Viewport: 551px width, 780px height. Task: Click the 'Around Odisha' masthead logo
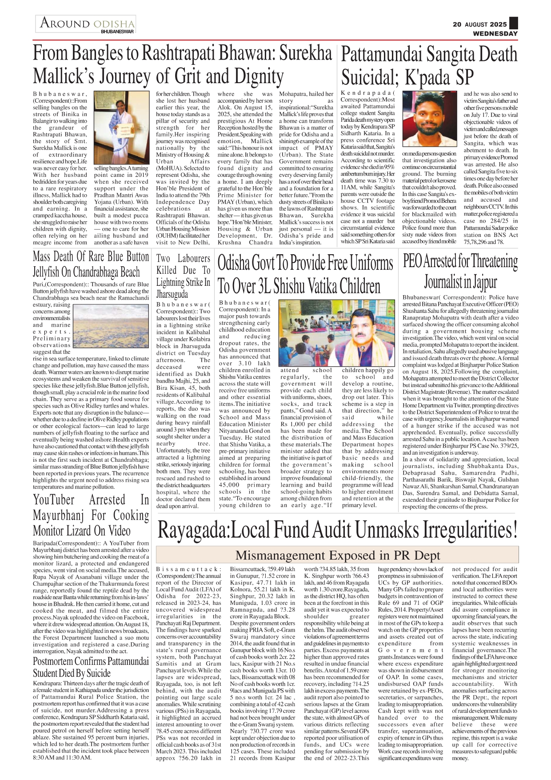tap(87, 23)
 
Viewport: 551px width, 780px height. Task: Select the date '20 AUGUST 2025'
tap(479, 24)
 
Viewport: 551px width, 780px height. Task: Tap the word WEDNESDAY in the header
tap(495, 33)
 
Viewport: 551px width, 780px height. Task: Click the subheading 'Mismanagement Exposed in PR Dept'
tap(338, 555)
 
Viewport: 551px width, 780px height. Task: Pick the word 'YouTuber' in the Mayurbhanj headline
tap(54, 500)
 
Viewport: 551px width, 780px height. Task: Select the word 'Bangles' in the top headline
tap(97, 54)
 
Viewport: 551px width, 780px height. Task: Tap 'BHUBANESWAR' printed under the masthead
tap(117, 32)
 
